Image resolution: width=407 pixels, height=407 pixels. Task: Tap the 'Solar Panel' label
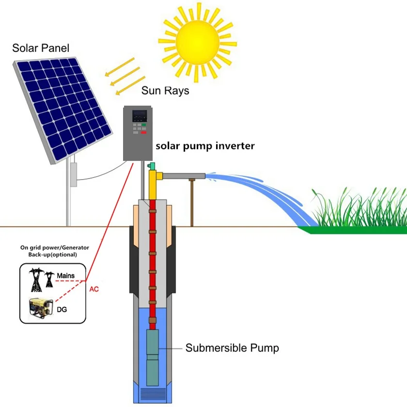tap(41, 48)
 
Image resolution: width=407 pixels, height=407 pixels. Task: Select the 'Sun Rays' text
tap(165, 91)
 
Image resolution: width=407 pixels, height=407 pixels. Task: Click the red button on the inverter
tap(143, 132)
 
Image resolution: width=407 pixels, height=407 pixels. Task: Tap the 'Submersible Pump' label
tap(232, 348)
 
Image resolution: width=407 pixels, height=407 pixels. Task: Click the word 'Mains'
tap(66, 275)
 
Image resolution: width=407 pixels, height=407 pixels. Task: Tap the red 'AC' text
tap(94, 289)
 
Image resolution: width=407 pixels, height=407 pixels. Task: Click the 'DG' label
tap(62, 309)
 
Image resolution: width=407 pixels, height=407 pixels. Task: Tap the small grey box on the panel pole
tap(74, 174)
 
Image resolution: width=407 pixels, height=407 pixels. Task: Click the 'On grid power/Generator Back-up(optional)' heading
tap(48, 250)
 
